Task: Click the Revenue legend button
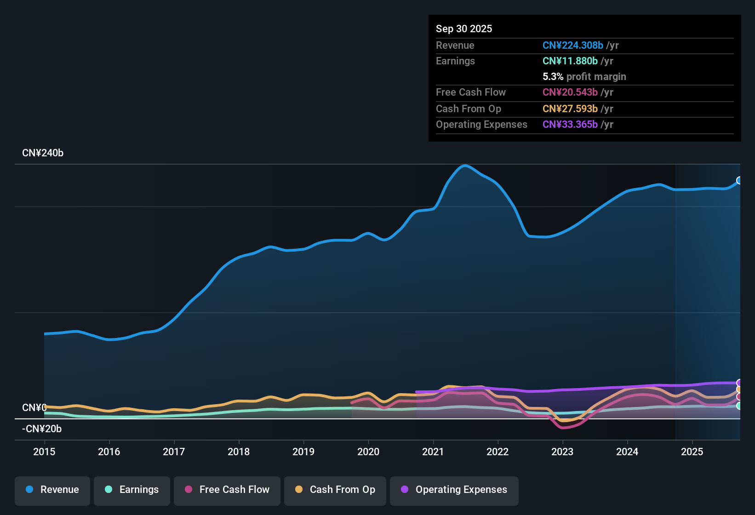tap(52, 490)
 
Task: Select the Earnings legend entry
tap(132, 490)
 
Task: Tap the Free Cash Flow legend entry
tap(227, 490)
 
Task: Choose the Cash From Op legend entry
tap(335, 490)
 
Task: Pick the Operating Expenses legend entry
tap(454, 490)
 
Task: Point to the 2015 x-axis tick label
tap(44, 452)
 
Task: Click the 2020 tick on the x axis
tap(368, 452)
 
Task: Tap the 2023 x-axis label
tap(562, 452)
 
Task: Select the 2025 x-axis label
tap(692, 452)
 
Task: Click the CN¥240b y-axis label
tap(43, 153)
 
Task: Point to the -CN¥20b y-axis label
tap(42, 429)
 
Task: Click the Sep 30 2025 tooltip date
tap(464, 29)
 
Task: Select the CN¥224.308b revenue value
tap(572, 45)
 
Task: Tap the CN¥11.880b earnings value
tap(570, 61)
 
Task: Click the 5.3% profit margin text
tap(584, 76)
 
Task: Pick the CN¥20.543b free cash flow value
tap(570, 92)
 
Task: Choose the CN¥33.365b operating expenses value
tap(570, 124)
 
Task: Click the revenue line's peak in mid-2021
tap(465, 166)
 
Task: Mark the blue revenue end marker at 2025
tap(739, 180)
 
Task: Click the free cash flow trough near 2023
tap(564, 428)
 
